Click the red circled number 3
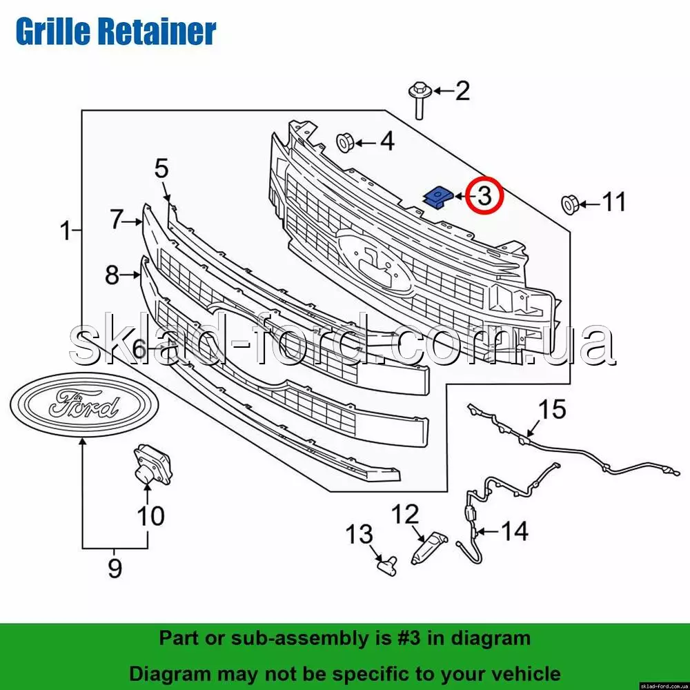click(x=484, y=195)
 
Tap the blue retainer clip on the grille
click(x=436, y=197)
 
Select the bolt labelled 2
click(x=420, y=98)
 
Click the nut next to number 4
click(x=346, y=142)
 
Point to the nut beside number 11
click(x=570, y=204)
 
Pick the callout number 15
click(x=551, y=409)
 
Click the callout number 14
click(x=514, y=531)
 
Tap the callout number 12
click(x=406, y=514)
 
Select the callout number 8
click(x=112, y=276)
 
